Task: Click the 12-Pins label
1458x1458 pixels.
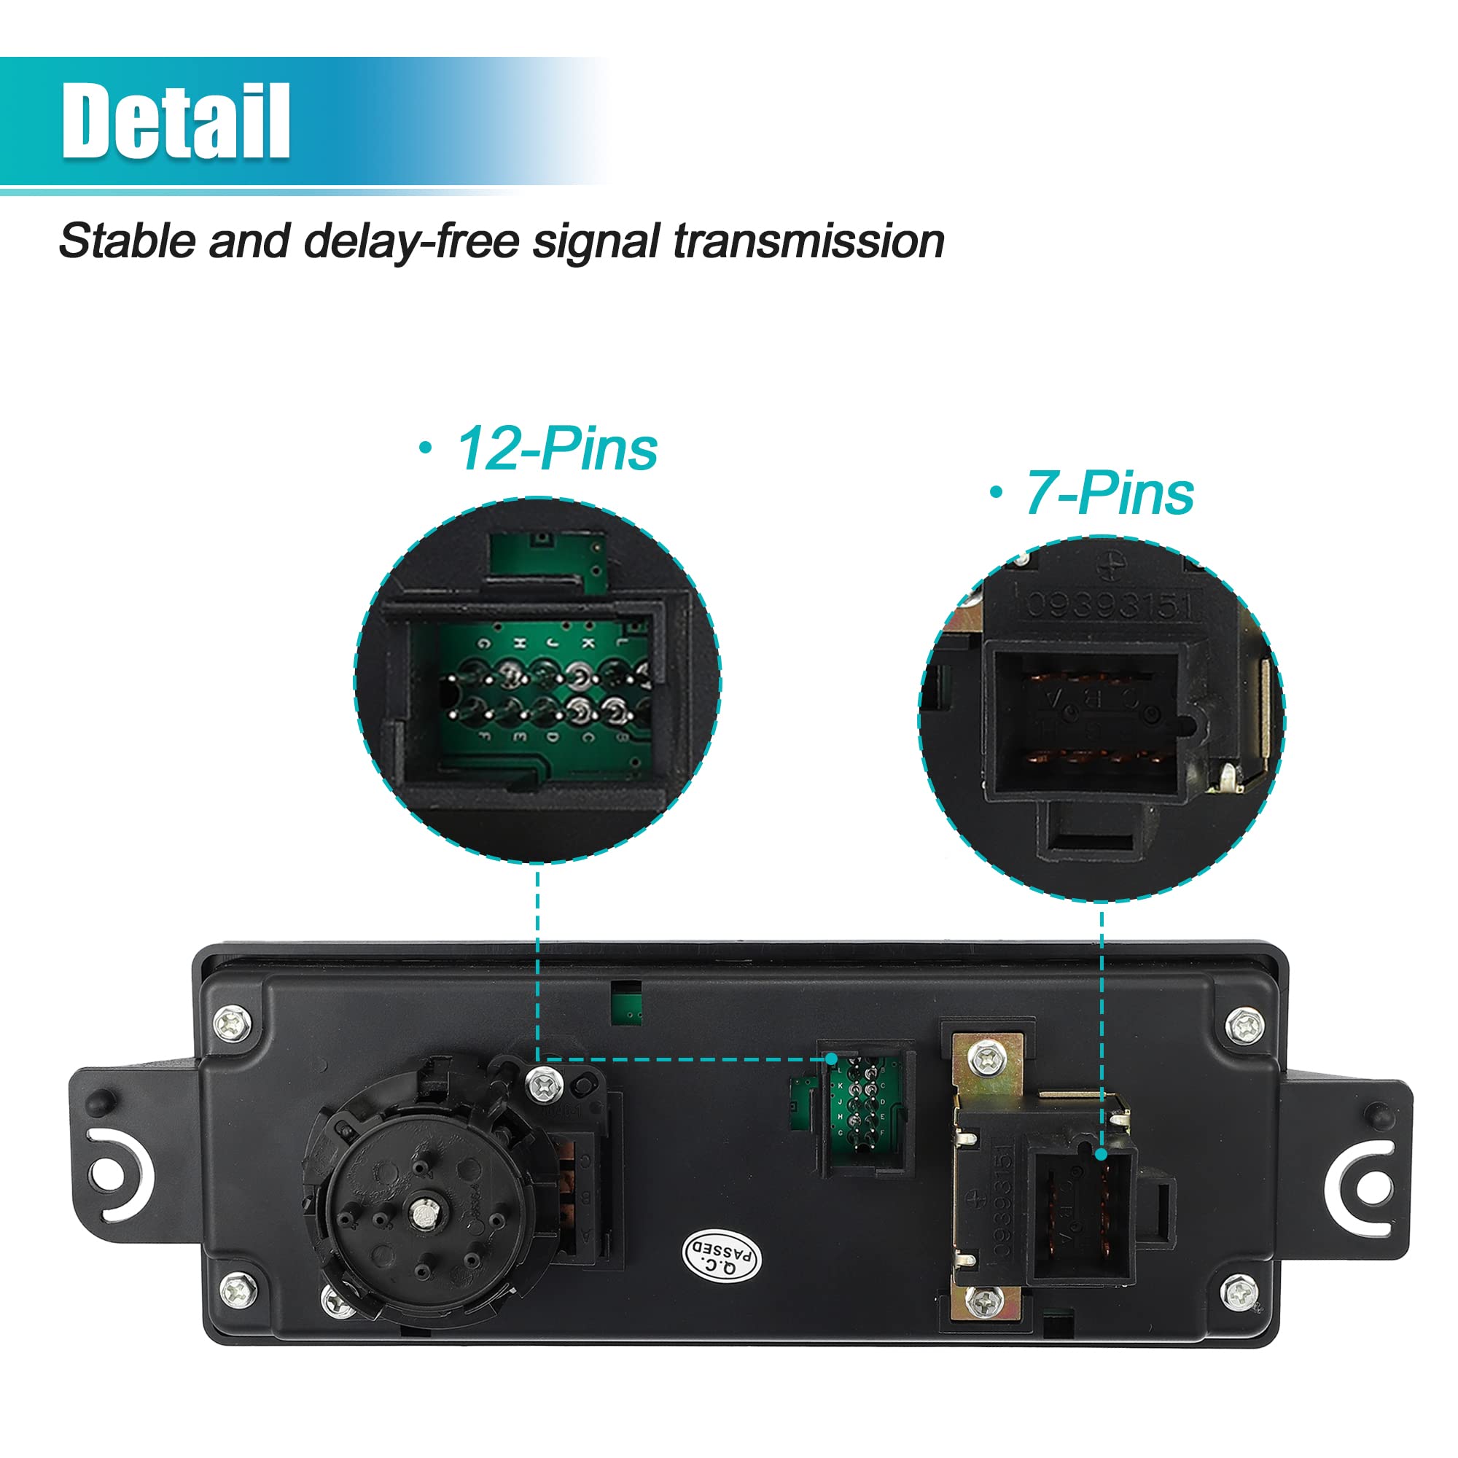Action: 556,449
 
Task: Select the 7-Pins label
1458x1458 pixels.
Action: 1109,494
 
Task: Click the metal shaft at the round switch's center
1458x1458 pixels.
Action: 422,1212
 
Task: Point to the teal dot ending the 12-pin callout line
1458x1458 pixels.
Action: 831,1059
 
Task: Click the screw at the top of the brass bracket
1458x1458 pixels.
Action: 986,1060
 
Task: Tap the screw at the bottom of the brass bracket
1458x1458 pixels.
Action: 984,1300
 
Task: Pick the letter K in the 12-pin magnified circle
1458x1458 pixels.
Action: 588,643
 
